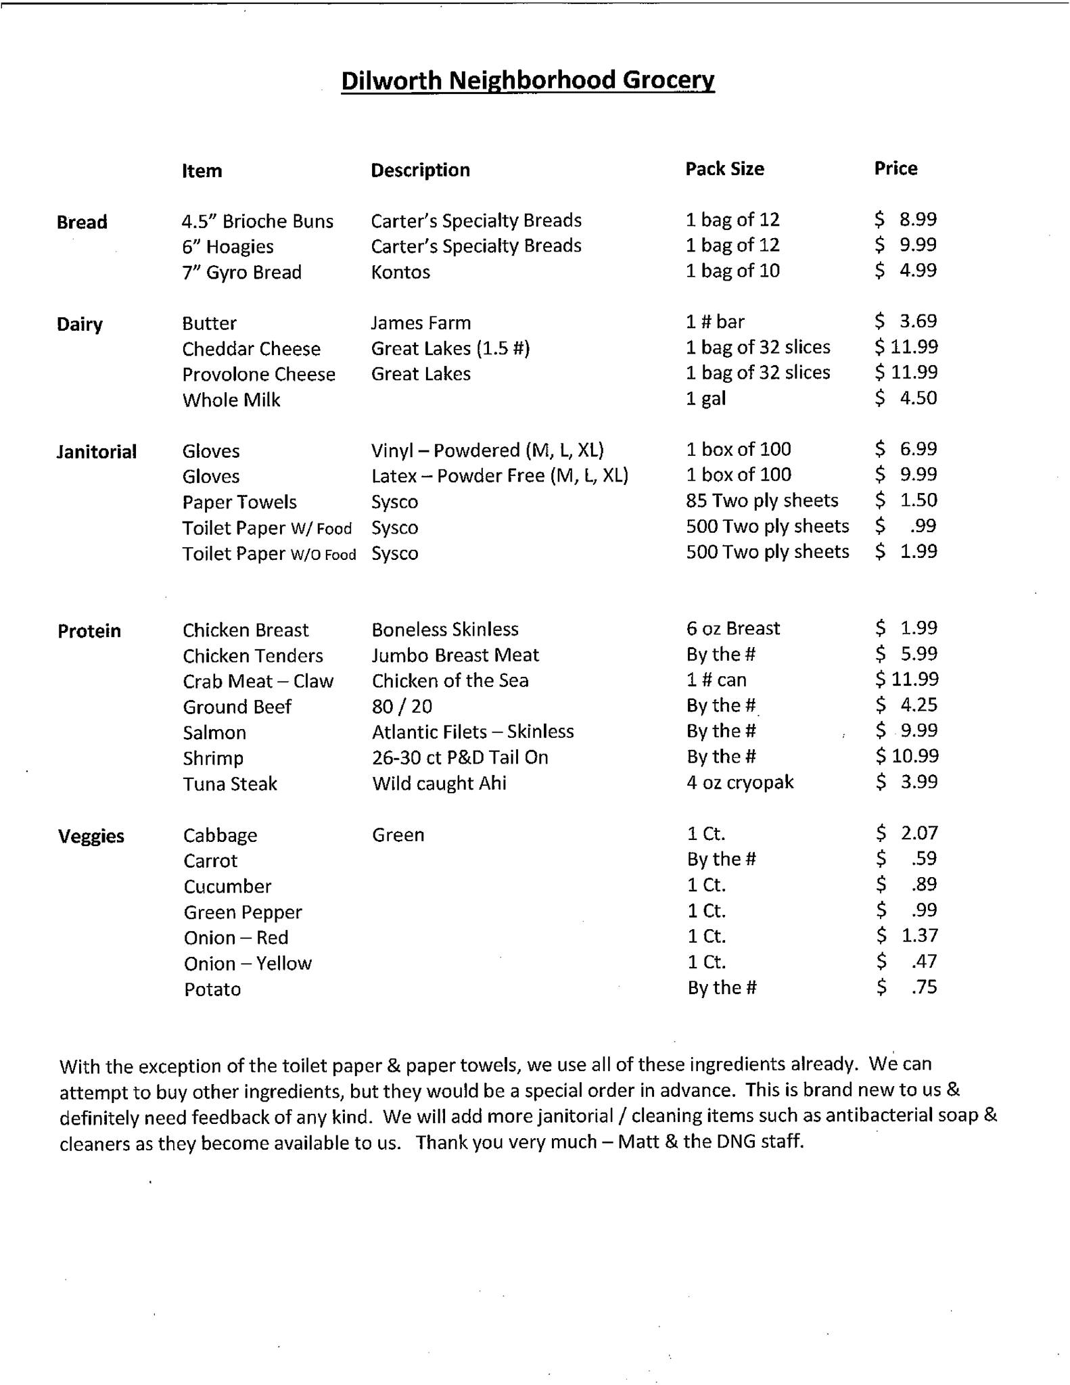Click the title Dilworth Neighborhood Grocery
point(528,80)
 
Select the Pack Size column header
point(724,168)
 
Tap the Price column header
point(895,168)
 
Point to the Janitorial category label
point(97,452)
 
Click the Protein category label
point(89,631)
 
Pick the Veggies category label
point(91,837)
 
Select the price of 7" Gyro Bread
point(906,271)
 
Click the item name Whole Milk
point(231,400)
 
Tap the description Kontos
point(400,272)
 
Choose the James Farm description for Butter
point(421,323)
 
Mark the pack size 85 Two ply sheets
point(762,500)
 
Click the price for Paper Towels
point(906,500)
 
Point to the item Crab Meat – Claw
point(258,681)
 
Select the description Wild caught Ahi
point(439,783)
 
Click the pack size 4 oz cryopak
point(740,782)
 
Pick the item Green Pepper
point(243,912)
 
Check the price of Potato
point(908,987)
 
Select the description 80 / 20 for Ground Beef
point(402,707)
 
